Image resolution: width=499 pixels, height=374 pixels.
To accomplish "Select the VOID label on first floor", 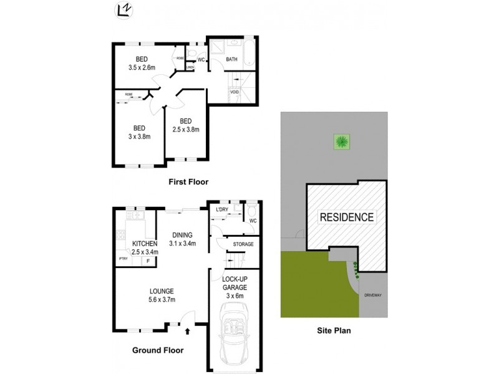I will click(235, 92).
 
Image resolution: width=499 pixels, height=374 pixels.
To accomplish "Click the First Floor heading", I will click(188, 182).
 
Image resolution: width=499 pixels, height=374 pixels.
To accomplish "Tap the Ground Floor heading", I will click(156, 350).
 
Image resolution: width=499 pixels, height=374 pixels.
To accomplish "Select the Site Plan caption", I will click(333, 332).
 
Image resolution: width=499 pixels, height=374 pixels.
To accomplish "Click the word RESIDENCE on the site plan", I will click(347, 218).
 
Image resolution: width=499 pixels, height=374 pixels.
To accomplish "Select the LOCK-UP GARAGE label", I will click(235, 287).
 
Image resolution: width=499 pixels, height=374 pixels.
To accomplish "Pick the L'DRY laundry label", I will click(222, 209).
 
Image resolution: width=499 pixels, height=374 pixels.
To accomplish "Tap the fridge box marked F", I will click(148, 261).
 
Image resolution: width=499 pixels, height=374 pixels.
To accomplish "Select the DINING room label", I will click(185, 234).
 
